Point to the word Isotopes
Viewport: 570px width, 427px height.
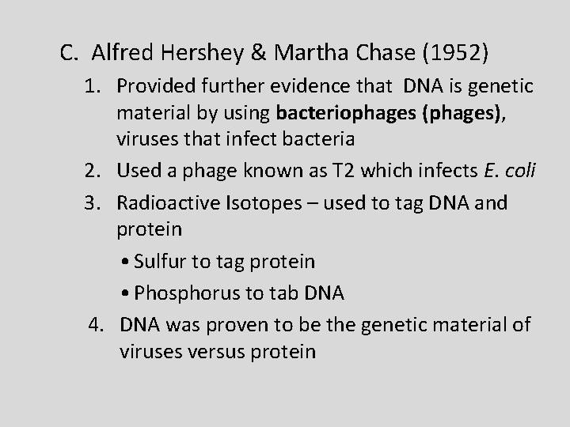tap(252, 202)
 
